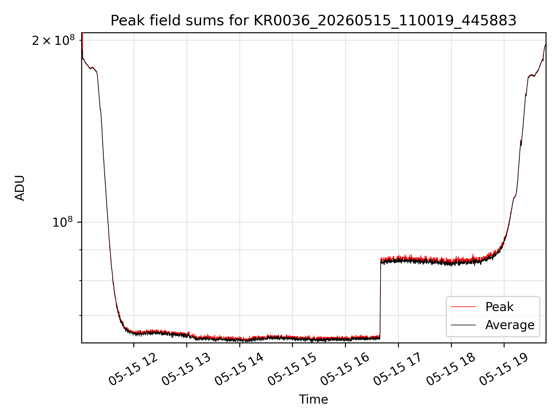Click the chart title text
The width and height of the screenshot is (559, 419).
[314, 21]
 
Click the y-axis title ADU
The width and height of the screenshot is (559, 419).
[20, 188]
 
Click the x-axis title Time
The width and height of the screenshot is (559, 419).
[314, 400]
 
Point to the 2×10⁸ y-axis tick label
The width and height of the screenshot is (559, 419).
[53, 40]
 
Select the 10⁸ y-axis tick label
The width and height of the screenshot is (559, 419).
[63, 222]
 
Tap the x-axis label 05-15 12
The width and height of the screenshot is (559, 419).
[133, 370]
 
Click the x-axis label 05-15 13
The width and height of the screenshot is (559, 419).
[186, 370]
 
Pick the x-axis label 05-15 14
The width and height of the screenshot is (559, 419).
[239, 370]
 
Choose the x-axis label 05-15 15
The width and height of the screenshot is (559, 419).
[292, 370]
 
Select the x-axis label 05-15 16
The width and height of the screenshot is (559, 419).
[345, 370]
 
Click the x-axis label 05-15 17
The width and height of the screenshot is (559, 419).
[398, 370]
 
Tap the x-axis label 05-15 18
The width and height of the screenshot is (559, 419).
[451, 370]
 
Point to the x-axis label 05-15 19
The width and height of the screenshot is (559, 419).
[504, 370]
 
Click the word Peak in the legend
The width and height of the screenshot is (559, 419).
[499, 307]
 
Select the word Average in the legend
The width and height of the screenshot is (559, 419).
[510, 325]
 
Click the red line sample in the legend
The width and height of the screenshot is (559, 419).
[463, 307]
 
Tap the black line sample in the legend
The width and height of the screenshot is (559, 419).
[463, 325]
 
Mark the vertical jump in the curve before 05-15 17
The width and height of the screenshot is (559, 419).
[380, 298]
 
